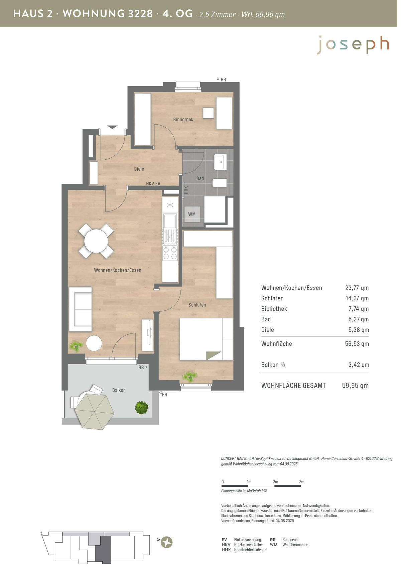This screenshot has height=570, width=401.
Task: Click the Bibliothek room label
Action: tap(183, 119)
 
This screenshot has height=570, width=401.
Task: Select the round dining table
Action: tap(96, 241)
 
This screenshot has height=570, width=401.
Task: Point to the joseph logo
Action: tap(353, 45)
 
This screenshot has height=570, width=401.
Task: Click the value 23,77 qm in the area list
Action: tap(357, 288)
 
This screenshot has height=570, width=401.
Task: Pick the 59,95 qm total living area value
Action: tap(355, 386)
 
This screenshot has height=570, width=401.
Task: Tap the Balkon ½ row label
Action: tap(273, 365)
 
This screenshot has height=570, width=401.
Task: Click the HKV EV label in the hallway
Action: tap(153, 183)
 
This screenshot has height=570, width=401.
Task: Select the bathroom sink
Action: tap(220, 162)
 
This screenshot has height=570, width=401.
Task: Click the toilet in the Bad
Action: tap(219, 183)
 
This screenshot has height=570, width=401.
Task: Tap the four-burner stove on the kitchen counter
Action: tap(170, 253)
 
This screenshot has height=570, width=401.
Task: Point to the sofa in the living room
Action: tap(81, 309)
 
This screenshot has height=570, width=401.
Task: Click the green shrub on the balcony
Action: tap(141, 408)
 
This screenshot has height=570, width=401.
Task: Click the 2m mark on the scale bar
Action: tap(275, 482)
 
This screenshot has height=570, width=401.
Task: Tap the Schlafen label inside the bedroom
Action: tap(197, 305)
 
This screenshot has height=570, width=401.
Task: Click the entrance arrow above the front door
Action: tap(112, 127)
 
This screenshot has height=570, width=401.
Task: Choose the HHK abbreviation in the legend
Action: tap(226, 550)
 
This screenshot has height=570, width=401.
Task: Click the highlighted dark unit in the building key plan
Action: tap(103, 550)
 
